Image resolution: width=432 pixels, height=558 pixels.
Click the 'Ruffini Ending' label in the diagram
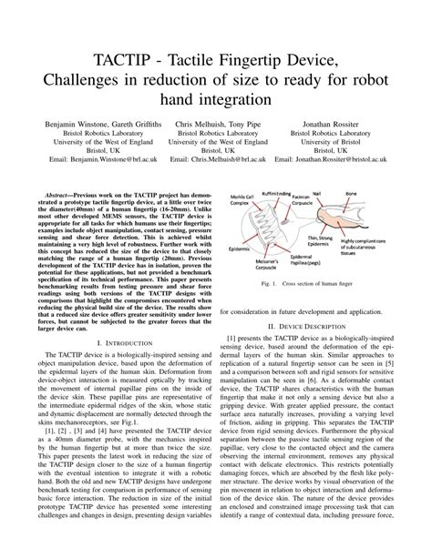tap(276, 194)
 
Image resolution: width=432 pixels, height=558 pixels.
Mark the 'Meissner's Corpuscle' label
tap(265, 269)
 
